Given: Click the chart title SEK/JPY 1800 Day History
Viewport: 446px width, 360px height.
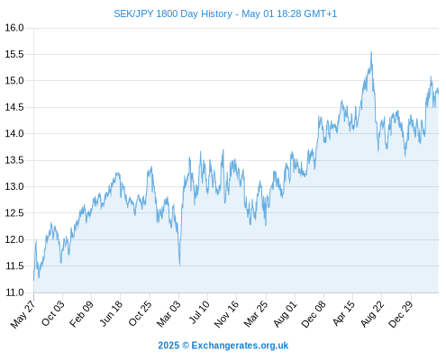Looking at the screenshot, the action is pos(173,13).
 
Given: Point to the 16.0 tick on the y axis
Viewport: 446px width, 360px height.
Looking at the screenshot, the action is pos(14,28).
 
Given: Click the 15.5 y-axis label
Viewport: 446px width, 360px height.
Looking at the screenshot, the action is pos(14,54).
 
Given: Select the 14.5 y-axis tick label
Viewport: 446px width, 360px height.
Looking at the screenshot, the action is pos(14,107).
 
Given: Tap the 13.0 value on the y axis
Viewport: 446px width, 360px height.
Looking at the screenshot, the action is pos(14,186).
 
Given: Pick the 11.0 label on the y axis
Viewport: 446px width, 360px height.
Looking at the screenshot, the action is pos(14,292).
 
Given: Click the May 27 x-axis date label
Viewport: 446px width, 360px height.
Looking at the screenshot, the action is pos(23,314).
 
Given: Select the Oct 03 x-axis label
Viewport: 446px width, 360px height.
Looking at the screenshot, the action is pos(53,313).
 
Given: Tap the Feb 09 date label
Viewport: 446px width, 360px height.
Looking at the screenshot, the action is pos(81,314).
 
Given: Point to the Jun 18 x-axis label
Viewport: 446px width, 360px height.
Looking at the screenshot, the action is pos(111,313).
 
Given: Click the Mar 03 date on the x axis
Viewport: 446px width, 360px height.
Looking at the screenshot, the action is pos(168,314).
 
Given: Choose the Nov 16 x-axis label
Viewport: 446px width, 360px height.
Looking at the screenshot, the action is pos(226,314).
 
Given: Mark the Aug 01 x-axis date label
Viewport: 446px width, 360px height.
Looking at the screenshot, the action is pos(285,314).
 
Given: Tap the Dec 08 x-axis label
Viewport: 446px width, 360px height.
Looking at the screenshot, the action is pos(314,314).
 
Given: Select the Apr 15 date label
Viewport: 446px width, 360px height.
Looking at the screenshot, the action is pos(343,313).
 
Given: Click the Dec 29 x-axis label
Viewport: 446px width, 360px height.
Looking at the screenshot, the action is pos(401,314).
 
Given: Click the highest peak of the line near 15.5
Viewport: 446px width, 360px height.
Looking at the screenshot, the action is pos(371,52).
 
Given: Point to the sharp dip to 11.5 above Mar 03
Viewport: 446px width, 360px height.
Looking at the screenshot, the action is pos(179,265).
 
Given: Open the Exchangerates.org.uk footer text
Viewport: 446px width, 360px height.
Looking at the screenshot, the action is pos(240,346).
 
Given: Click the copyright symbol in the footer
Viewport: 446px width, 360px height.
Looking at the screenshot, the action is pos(186,346).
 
